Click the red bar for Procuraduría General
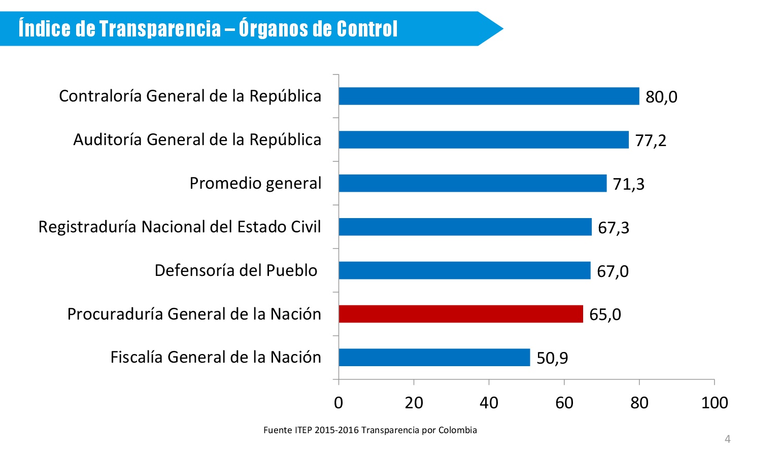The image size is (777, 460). pos(461,314)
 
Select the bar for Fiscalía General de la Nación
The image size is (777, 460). pos(434,358)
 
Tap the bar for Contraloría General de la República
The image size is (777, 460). pos(489,96)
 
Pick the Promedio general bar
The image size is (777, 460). pos(472,183)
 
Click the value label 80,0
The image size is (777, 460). pos(661,97)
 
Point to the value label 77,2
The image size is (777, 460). pos(651,140)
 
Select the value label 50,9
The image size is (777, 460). pos(552,358)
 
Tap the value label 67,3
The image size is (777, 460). pos(614,228)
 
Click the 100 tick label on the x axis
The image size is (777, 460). pos(715,403)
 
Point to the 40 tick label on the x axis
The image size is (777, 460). pos(489,403)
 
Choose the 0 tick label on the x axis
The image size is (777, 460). pos(339,403)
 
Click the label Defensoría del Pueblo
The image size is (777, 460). pos(236,270)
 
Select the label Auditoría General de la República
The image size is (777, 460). pos(197,139)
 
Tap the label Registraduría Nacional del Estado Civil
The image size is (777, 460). pos(180,227)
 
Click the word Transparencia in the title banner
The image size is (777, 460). pos(159,29)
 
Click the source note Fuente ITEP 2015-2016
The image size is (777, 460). pos(370,430)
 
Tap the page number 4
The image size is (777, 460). pos(727,439)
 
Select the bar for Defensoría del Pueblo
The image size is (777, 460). pos(464,270)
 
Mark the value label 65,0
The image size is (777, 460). pos(605,314)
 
